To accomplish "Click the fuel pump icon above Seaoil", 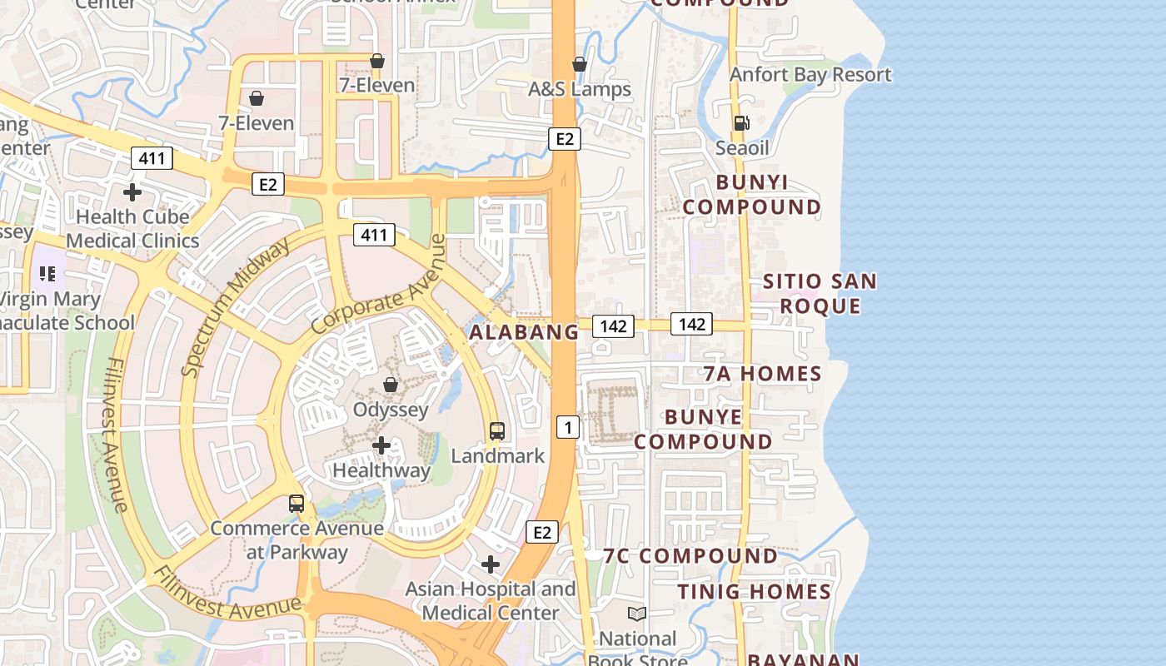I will [x=740, y=122].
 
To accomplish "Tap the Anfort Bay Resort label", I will [x=810, y=75].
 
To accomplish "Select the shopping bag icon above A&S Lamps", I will [x=580, y=64].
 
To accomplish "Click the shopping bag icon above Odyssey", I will [x=390, y=385].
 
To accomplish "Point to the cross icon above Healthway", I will [x=381, y=445].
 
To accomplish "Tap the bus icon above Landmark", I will [x=497, y=431].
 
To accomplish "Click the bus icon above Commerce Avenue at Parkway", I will [x=296, y=504].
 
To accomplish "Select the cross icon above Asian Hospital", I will [x=491, y=564].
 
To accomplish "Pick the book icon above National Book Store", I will [x=637, y=614].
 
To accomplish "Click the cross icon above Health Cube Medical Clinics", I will [x=132, y=192].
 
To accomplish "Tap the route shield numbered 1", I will [x=568, y=428].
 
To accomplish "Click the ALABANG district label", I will [x=524, y=332].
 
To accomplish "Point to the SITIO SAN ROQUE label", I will [x=820, y=294].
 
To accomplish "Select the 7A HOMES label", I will [x=763, y=374].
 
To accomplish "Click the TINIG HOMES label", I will [x=755, y=592].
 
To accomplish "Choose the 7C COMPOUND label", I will [x=690, y=555].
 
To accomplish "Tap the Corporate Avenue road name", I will [x=380, y=286].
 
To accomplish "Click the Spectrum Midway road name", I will [x=235, y=306].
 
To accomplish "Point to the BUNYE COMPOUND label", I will [x=704, y=429].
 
